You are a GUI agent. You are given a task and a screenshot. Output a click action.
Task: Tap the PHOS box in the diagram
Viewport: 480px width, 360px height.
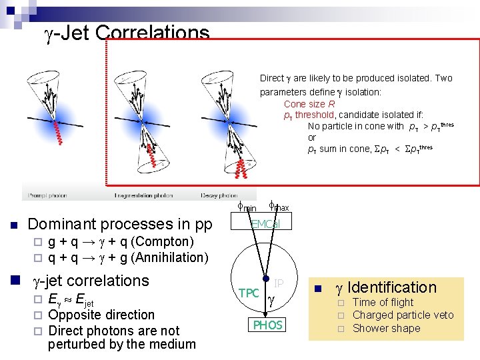coord(267,325)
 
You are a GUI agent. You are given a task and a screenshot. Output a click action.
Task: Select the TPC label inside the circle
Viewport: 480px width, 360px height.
coord(249,293)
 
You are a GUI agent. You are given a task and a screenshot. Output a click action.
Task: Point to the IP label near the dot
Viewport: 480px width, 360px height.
coord(279,284)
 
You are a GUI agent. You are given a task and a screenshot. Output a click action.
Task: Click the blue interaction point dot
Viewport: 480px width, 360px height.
coord(266,280)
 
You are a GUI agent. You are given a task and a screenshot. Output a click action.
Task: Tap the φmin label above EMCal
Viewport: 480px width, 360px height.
coord(247,207)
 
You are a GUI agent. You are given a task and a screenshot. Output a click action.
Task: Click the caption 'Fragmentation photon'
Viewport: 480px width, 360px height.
coord(143,195)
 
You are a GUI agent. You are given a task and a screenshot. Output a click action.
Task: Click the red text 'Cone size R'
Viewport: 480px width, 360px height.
coord(309,104)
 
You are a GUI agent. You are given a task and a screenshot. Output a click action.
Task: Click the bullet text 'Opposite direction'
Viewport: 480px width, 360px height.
coord(102,315)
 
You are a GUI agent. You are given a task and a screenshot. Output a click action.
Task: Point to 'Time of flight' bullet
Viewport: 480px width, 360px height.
coord(383,302)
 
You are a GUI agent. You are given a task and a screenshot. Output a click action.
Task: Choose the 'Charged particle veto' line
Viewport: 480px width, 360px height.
coord(403,315)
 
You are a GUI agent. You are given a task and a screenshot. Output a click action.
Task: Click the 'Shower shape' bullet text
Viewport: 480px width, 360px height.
coord(386,328)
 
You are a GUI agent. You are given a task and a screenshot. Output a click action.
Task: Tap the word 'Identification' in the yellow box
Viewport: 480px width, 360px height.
coord(392,287)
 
